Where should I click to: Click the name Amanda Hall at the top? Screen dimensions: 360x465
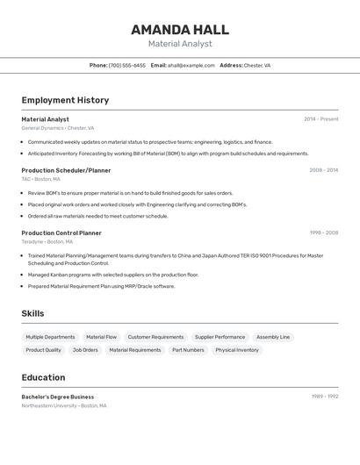coord(180,29)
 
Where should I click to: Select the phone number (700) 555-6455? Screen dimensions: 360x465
coord(127,65)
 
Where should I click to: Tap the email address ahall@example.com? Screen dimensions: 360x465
coord(191,65)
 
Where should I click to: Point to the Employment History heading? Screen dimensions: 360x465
coord(65,100)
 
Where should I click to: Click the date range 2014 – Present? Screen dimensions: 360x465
coord(320,119)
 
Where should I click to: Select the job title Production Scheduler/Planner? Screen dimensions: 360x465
coord(66,170)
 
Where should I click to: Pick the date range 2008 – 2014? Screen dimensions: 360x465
coord(323,170)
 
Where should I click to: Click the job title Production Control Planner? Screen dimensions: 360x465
coord(61,233)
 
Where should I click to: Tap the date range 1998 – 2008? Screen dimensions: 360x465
coord(323,233)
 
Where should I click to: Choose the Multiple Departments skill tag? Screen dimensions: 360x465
coord(50,337)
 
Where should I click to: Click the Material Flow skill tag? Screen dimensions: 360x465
coord(101,337)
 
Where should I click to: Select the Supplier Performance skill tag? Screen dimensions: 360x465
coord(220,337)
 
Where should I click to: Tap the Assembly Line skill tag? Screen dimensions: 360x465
coord(273,337)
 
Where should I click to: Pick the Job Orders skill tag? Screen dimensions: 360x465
coord(85,350)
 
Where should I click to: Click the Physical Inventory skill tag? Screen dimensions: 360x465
coord(237,350)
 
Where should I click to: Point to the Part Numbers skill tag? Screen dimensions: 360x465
coord(188,350)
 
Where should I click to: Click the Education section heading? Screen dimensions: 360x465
coord(43,377)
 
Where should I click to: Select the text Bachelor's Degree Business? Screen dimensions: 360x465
coord(57,397)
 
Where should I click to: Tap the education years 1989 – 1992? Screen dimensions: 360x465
coord(325,397)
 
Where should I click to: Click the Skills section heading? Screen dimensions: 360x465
coord(32,313)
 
